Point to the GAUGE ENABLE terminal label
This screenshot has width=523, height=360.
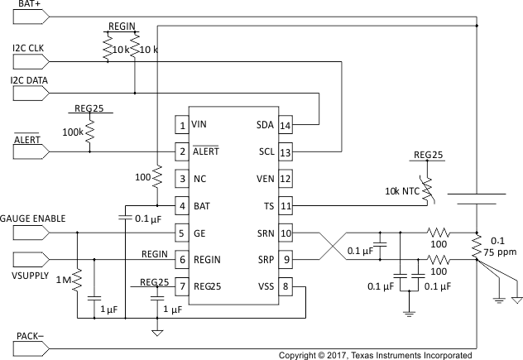[x=33, y=218]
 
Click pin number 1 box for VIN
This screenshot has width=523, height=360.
[x=181, y=125]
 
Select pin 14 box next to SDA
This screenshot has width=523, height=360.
[x=285, y=125]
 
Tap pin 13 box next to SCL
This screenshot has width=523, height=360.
[x=285, y=152]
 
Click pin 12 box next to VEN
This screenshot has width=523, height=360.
[x=285, y=179]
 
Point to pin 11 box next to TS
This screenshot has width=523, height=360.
[x=285, y=205]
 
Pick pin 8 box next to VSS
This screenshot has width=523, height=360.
[x=285, y=286]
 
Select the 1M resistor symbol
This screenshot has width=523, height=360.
[x=76, y=282]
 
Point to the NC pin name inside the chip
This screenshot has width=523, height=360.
[x=199, y=179]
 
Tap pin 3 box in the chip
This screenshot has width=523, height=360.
[x=181, y=179]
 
